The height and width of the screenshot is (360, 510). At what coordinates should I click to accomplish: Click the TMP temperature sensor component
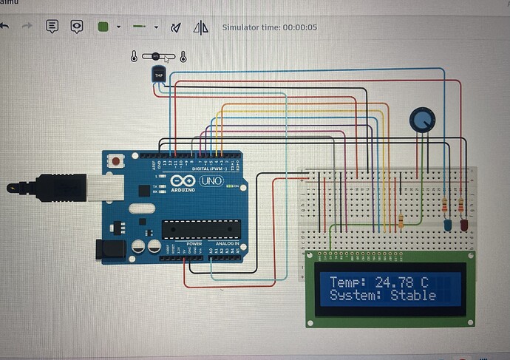pyautogui.click(x=158, y=74)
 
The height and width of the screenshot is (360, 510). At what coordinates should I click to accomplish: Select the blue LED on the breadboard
pyautogui.click(x=447, y=225)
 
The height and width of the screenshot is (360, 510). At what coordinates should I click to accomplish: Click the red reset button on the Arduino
pyautogui.click(x=116, y=160)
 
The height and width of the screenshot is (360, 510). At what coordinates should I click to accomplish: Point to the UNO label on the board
pyautogui.click(x=211, y=181)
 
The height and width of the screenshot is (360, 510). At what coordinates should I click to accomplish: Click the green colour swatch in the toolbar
pyautogui.click(x=103, y=27)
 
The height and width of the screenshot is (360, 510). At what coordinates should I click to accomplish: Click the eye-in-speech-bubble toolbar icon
pyautogui.click(x=76, y=27)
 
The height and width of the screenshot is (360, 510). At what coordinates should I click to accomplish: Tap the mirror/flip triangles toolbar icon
pyautogui.click(x=200, y=27)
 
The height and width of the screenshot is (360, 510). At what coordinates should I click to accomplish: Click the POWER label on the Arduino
pyautogui.click(x=194, y=244)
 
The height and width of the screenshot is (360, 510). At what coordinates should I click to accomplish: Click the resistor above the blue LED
pyautogui.click(x=444, y=206)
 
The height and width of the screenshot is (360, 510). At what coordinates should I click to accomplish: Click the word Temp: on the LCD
pyautogui.click(x=347, y=282)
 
